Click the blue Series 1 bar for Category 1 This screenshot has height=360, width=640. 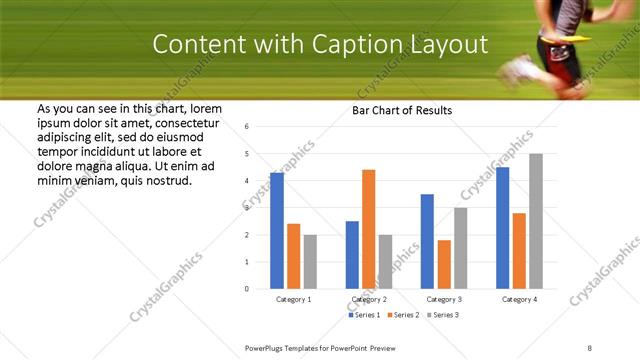pos(277,230)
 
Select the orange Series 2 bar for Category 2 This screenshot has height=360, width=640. pos(368,229)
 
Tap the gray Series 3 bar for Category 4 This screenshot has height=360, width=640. pos(536,221)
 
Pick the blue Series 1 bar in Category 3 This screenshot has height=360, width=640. pos(427,241)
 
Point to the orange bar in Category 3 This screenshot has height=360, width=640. pos(444,264)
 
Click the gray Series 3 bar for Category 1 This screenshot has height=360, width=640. pos(310,262)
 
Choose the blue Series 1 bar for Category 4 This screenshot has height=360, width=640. pos(502,228)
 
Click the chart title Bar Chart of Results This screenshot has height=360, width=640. pos(402,110)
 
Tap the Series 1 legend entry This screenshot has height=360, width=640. pos(365,315)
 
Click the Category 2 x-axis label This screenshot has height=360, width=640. pos(369,299)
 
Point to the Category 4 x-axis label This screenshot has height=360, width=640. pos(519,299)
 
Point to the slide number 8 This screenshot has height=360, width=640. pos(589,347)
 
